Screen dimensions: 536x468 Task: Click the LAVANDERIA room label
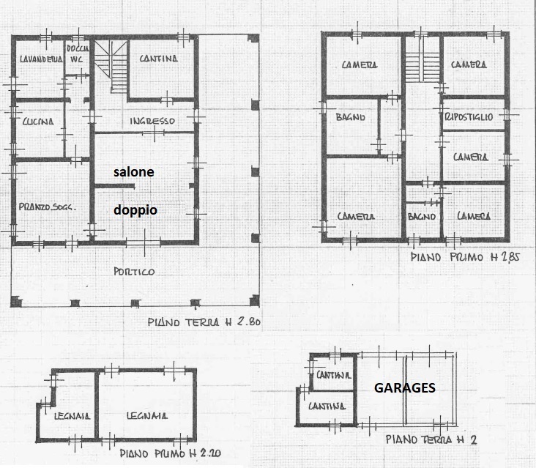pyautogui.click(x=41, y=59)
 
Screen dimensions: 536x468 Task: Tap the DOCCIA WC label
pyautogui.click(x=78, y=54)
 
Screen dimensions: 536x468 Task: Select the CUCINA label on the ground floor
pyautogui.click(x=38, y=122)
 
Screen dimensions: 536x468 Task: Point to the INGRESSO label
pyautogui.click(x=152, y=121)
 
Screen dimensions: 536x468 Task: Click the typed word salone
pyautogui.click(x=134, y=171)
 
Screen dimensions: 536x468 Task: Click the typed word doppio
pyautogui.click(x=135, y=210)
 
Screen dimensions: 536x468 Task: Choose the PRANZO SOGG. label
pyautogui.click(x=47, y=207)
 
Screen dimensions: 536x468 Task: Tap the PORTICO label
pyautogui.click(x=134, y=272)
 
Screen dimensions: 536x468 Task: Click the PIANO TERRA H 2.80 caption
pyautogui.click(x=204, y=322)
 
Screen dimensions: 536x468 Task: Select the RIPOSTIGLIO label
pyautogui.click(x=469, y=117)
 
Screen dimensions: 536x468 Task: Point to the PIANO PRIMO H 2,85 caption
pyautogui.click(x=465, y=257)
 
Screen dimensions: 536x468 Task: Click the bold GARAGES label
pyautogui.click(x=405, y=387)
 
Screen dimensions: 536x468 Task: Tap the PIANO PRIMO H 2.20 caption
pyautogui.click(x=170, y=453)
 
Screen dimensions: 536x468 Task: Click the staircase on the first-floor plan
pyautogui.click(x=423, y=67)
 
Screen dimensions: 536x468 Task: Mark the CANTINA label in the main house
pyautogui.click(x=159, y=59)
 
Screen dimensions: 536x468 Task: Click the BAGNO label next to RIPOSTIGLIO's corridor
pyautogui.click(x=351, y=117)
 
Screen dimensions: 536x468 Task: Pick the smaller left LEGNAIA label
pyautogui.click(x=72, y=416)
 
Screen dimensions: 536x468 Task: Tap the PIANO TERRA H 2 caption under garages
pyautogui.click(x=431, y=439)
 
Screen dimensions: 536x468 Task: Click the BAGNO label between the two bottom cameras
pyautogui.click(x=422, y=216)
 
